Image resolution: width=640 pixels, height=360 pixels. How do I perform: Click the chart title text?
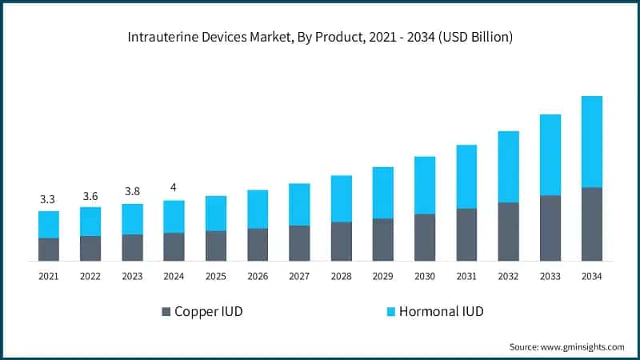pyautogui.click(x=319, y=38)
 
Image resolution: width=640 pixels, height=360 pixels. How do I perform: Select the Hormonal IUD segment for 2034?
pyautogui.click(x=591, y=142)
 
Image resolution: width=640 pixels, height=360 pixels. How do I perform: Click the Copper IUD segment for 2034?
pyautogui.click(x=591, y=224)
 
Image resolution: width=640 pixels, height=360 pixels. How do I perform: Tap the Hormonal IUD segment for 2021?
pyautogui.click(x=49, y=224)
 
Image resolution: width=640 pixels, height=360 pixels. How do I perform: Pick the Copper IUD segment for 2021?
pyautogui.click(x=49, y=249)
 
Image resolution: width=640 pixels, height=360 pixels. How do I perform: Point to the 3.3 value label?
pyautogui.click(x=49, y=199)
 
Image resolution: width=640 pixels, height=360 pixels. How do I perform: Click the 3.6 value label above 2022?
pyautogui.click(x=90, y=195)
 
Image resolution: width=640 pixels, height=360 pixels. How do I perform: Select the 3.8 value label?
pyautogui.click(x=132, y=192)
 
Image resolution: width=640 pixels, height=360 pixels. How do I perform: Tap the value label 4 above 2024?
pyautogui.click(x=174, y=188)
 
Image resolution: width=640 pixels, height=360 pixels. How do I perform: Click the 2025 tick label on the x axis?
pyautogui.click(x=215, y=276)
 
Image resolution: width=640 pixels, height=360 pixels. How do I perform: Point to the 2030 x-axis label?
pyautogui.click(x=424, y=276)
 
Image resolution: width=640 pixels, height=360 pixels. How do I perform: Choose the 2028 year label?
pyautogui.click(x=341, y=276)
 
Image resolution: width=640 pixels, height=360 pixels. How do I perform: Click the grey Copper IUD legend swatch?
pyautogui.click(x=166, y=311)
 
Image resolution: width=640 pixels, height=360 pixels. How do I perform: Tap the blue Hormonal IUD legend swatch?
pyautogui.click(x=390, y=311)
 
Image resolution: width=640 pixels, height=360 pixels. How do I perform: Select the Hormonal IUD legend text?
pyautogui.click(x=442, y=311)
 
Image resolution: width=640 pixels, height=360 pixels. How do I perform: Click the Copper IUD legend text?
pyautogui.click(x=209, y=311)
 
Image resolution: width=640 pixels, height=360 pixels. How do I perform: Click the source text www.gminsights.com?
pyautogui.click(x=566, y=346)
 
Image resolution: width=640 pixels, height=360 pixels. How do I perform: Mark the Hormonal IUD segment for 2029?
pyautogui.click(x=382, y=193)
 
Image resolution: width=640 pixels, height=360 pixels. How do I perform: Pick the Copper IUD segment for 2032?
pyautogui.click(x=508, y=231)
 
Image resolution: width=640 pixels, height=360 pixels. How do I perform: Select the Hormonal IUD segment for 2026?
pyautogui.click(x=258, y=209)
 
